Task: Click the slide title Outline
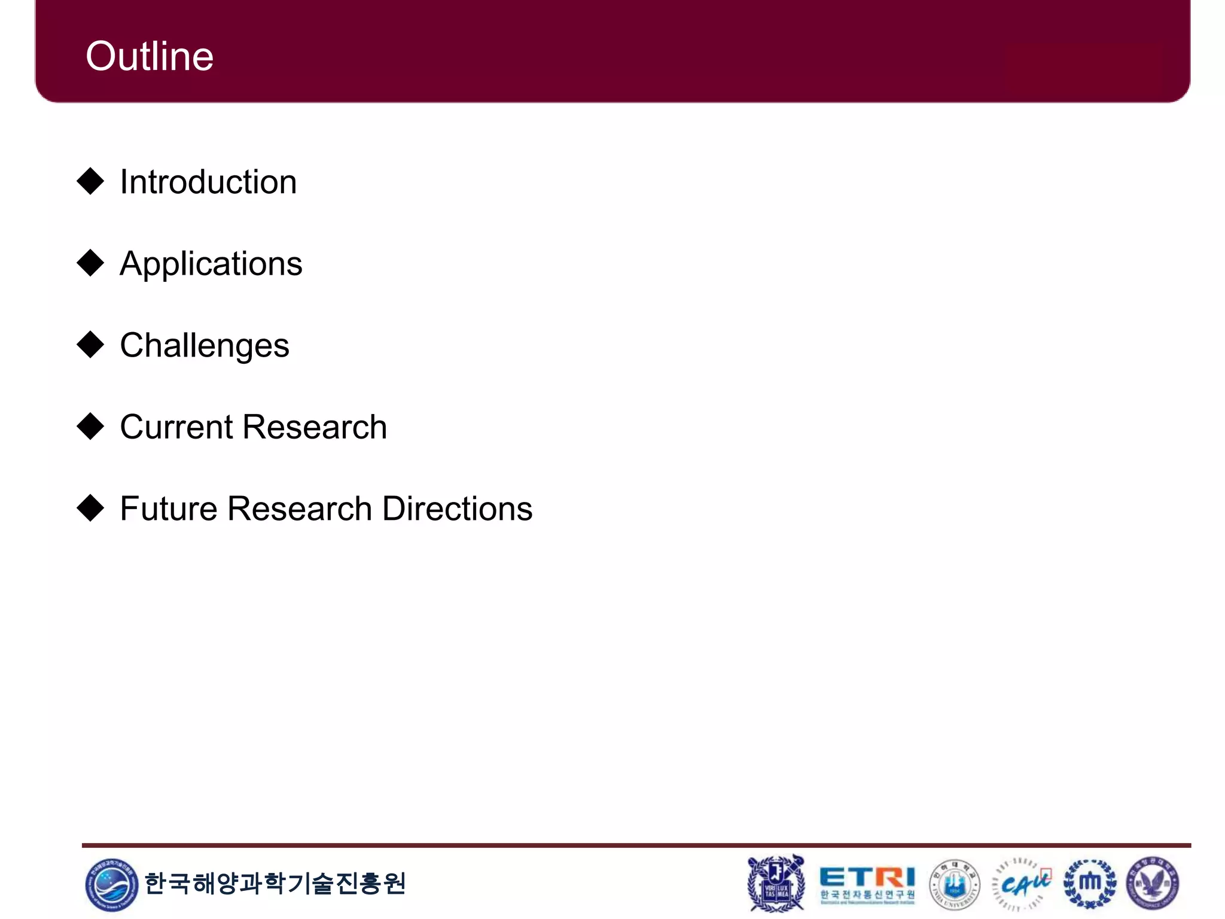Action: point(150,56)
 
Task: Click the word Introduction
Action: point(208,182)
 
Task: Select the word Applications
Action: point(211,264)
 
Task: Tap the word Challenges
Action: point(205,346)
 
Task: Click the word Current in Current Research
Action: point(176,427)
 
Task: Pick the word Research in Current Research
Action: point(315,427)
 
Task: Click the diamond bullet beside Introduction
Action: point(91,181)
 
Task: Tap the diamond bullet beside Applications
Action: point(91,263)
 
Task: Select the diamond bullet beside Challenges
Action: point(91,345)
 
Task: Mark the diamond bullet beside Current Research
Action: point(91,426)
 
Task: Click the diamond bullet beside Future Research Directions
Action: point(91,508)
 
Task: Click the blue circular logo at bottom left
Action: point(111,884)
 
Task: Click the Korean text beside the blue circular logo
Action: point(275,884)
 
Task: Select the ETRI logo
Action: point(867,884)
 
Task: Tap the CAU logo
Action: point(1022,884)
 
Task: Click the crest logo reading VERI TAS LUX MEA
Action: point(776,884)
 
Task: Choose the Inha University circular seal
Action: point(955,884)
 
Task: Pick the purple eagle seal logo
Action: point(1153,884)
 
